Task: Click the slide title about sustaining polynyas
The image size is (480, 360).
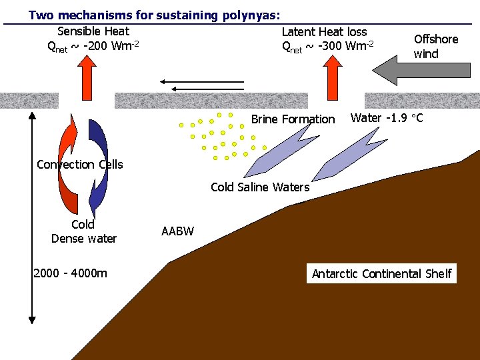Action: click(x=154, y=14)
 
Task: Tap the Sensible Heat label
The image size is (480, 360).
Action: click(x=93, y=31)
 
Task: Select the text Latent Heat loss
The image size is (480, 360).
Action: click(x=324, y=31)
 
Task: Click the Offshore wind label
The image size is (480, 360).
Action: click(x=436, y=46)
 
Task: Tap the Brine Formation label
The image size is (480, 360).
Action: click(x=293, y=119)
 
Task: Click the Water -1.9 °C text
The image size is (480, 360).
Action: click(x=387, y=119)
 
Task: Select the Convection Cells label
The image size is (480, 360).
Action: click(x=80, y=165)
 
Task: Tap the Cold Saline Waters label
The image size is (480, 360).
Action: click(x=260, y=187)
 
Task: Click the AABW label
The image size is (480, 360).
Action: click(x=177, y=231)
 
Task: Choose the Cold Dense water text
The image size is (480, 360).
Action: click(x=84, y=231)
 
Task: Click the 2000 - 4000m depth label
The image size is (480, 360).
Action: click(x=70, y=273)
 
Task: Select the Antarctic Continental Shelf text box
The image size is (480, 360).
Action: click(x=381, y=273)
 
